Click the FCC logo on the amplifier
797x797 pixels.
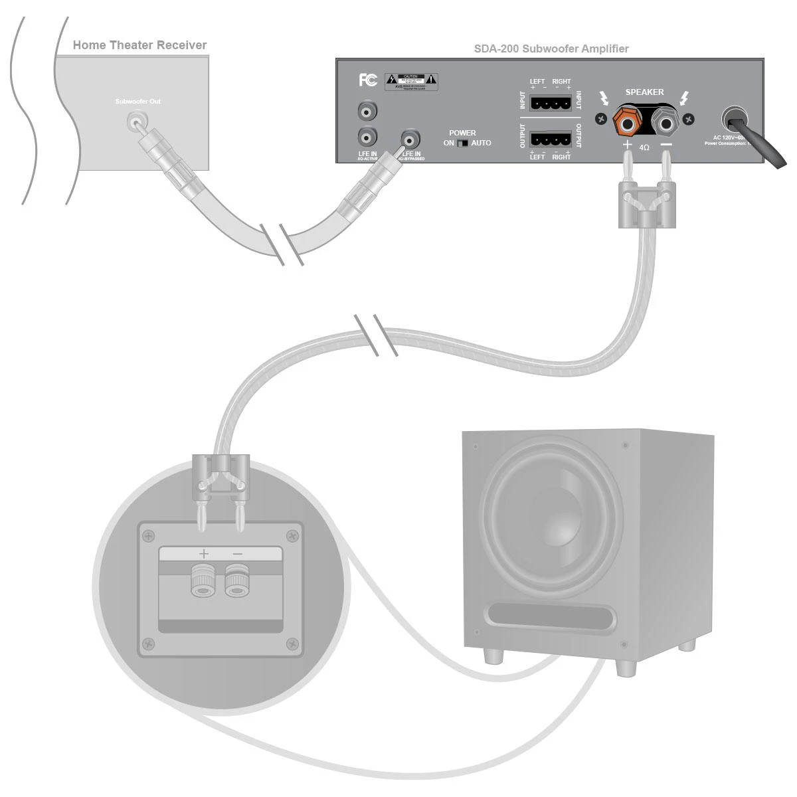pos(368,80)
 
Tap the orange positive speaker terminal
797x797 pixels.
pos(627,121)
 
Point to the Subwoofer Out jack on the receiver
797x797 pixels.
pos(136,121)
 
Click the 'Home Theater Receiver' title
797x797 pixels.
pos(139,45)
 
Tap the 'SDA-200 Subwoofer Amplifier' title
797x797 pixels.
pos(551,48)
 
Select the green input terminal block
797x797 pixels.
pos(551,103)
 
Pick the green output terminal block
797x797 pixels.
pos(551,139)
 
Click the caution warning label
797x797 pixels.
pos(412,82)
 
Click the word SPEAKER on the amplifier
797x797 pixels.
pos(644,92)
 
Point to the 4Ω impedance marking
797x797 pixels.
pos(644,147)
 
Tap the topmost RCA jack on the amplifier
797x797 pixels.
pos(367,110)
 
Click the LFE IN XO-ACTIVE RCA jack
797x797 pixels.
pos(367,137)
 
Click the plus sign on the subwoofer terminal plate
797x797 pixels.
pos(203,554)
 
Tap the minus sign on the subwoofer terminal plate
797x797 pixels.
pos(237,554)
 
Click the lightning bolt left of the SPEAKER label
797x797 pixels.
pos(604,100)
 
